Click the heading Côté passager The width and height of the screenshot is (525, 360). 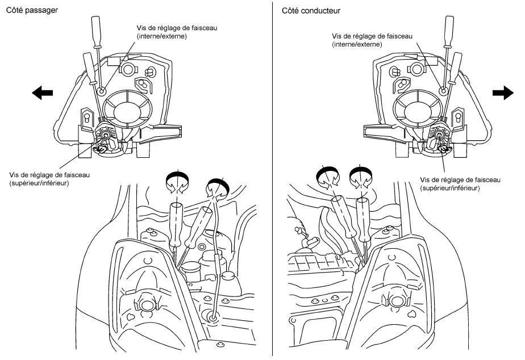(32, 10)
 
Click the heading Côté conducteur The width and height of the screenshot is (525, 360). (311, 11)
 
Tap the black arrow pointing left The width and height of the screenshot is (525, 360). (42, 93)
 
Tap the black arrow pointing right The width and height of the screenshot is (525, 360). (503, 93)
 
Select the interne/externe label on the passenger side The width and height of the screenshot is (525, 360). (162, 36)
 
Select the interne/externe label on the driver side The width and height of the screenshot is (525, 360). (357, 44)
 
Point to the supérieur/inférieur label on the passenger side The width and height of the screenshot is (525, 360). (39, 183)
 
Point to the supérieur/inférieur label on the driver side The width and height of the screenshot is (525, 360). (450, 188)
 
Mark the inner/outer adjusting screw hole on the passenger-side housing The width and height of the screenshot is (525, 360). (102, 90)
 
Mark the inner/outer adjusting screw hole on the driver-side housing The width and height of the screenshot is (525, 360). (443, 90)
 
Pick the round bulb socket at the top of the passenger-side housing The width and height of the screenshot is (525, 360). (128, 70)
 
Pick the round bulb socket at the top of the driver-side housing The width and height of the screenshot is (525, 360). (416, 69)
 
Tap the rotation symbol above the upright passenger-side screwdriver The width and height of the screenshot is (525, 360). (177, 182)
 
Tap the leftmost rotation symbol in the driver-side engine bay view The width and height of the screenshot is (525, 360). (328, 177)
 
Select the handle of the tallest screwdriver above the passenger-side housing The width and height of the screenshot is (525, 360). (97, 32)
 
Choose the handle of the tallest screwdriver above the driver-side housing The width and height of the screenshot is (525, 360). (449, 31)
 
